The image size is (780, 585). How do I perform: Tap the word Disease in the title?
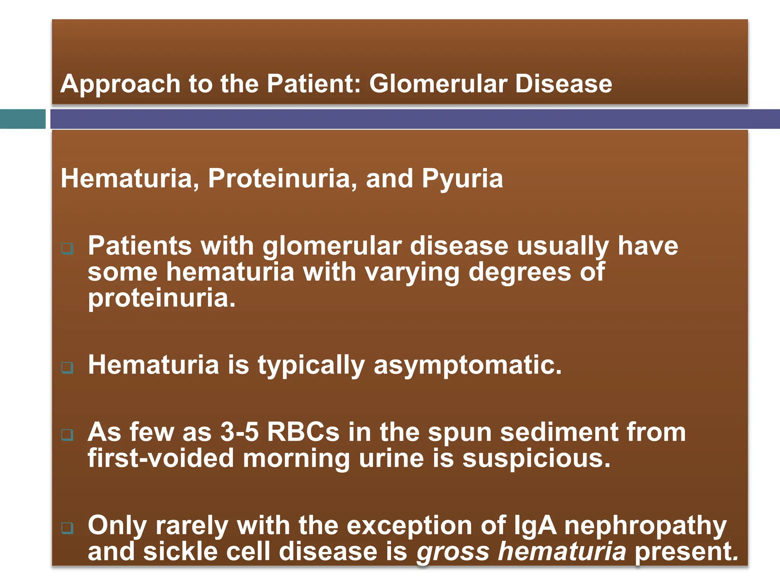tap(563, 84)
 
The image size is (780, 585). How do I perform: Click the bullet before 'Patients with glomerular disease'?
tap(67, 249)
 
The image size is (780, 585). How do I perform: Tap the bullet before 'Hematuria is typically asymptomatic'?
tap(67, 368)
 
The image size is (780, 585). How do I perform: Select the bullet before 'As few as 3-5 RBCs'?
tap(67, 435)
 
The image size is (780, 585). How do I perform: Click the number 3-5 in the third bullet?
tap(239, 432)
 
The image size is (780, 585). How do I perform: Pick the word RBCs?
tap(303, 432)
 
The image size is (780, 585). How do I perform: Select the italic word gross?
tap(452, 552)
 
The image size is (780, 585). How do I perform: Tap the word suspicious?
tap(536, 459)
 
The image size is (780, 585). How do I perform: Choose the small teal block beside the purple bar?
tap(22, 119)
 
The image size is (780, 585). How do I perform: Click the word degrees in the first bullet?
tap(519, 272)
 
